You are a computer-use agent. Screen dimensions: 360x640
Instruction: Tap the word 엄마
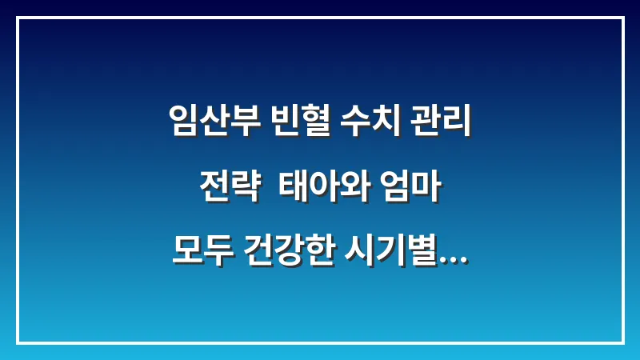tap(410, 189)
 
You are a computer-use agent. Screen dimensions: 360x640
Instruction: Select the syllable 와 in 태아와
tap(350, 189)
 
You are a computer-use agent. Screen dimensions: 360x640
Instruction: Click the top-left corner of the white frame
tap(18, 18)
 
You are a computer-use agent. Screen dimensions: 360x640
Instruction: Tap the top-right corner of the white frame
tap(622, 18)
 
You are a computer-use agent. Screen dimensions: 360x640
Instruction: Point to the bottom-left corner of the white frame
tap(18, 342)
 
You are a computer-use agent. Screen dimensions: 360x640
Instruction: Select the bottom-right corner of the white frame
tap(622, 342)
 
